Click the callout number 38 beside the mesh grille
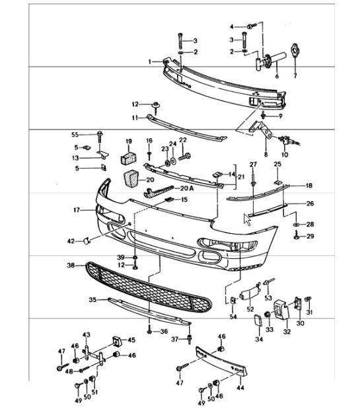[x=71, y=265]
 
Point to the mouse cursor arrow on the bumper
[x=247, y=219]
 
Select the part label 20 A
[x=187, y=188]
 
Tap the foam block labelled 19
[x=129, y=157]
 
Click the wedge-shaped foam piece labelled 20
[x=131, y=179]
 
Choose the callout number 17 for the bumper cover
[x=77, y=210]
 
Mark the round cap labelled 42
[x=87, y=241]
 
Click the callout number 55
[x=75, y=135]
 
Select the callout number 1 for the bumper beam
[x=150, y=62]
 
